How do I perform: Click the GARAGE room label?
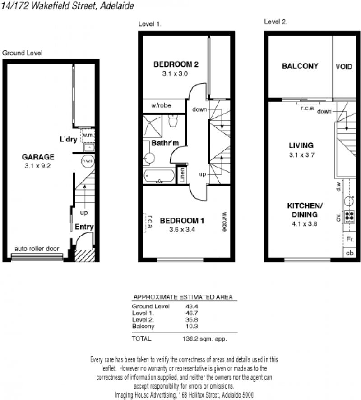pyautogui.click(x=38, y=157)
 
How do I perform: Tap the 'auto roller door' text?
pyautogui.click(x=37, y=249)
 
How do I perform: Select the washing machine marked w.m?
pyautogui.click(x=88, y=136)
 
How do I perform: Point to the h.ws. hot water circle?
pyautogui.click(x=88, y=161)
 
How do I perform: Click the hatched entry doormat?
pyautogui.click(x=84, y=255)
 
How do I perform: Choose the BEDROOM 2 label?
pyautogui.click(x=176, y=64)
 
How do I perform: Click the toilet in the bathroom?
pyautogui.click(x=173, y=120)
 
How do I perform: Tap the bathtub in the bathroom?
pyautogui.click(x=159, y=176)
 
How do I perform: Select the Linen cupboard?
pyautogui.click(x=182, y=175)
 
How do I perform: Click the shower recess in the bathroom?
pyautogui.click(x=153, y=126)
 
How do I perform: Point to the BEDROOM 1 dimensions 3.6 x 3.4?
pyautogui.click(x=182, y=229)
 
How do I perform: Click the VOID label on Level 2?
pyautogui.click(x=344, y=67)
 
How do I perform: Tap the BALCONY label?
pyautogui.click(x=300, y=66)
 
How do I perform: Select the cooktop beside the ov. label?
pyautogui.click(x=349, y=217)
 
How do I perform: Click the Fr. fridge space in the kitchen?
pyautogui.click(x=349, y=240)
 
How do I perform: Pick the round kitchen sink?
pyautogui.click(x=348, y=201)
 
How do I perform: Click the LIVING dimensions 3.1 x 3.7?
pyautogui.click(x=302, y=155)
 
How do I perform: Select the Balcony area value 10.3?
pyautogui.click(x=192, y=326)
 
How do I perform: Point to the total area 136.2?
pyautogui.click(x=190, y=339)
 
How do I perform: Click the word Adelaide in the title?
pyautogui.click(x=117, y=5)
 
